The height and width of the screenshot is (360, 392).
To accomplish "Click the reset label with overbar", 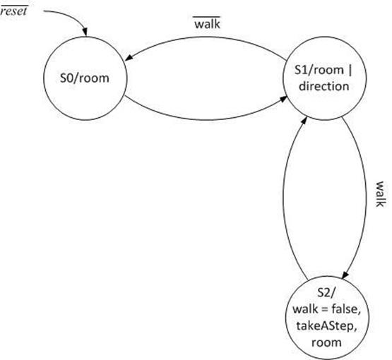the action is click(x=13, y=11).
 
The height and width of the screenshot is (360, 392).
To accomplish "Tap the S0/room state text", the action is click(x=85, y=78).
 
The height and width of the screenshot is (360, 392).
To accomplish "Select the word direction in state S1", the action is click(x=324, y=86).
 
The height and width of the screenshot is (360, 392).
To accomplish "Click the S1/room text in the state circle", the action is click(x=319, y=70).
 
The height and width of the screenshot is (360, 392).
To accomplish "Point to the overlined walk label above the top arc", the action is click(x=207, y=23).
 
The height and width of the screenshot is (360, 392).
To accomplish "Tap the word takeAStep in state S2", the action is click(x=326, y=326).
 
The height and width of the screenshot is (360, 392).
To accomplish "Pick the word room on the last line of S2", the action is click(x=326, y=342).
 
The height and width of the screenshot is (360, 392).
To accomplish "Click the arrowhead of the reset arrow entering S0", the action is click(x=85, y=32).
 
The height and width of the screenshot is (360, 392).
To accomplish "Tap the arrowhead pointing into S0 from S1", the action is click(x=129, y=57).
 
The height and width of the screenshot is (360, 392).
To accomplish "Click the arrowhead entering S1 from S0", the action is click(x=283, y=99).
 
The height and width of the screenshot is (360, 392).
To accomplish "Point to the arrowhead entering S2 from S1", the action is click(x=345, y=275).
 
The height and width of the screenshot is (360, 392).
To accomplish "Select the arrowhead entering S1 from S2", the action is click(x=304, y=121).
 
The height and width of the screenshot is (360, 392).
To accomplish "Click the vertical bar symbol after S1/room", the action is click(x=350, y=71).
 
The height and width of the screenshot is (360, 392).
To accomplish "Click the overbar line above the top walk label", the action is click(x=206, y=17).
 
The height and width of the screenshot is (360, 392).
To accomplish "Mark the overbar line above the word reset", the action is click(x=14, y=6).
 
